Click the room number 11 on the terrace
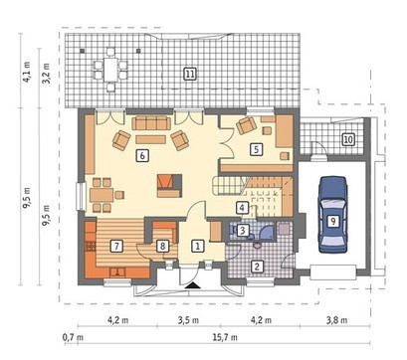click(190, 75)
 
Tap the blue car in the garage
click(332, 215)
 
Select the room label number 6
click(142, 155)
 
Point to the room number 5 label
click(256, 149)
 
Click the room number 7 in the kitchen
click(116, 247)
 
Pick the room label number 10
click(348, 139)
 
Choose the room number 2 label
click(257, 267)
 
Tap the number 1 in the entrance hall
click(198, 247)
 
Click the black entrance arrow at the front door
click(192, 286)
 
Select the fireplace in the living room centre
click(169, 186)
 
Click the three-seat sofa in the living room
click(151, 123)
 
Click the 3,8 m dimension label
click(336, 320)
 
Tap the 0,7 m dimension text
click(73, 338)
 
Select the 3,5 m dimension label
click(188, 320)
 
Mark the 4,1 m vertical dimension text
click(27, 72)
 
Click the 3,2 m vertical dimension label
click(46, 74)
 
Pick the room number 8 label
click(162, 247)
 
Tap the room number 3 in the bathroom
click(243, 230)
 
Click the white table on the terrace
click(110, 70)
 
